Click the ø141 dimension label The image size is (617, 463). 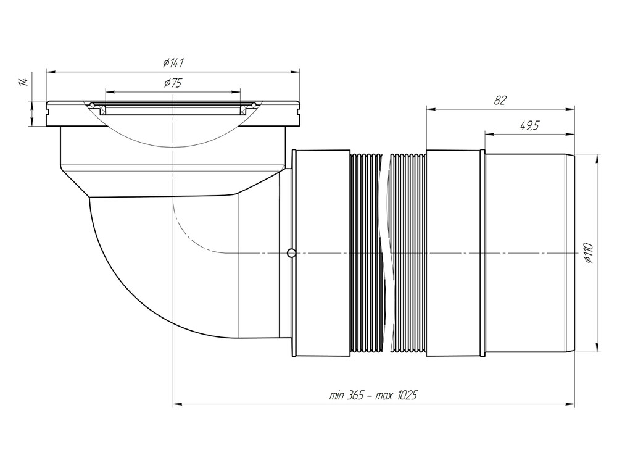point(173,62)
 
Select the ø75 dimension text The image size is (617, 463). point(173,83)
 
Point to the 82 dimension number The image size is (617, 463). point(500,101)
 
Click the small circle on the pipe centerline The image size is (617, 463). point(291,252)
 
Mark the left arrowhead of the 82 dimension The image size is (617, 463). point(430,110)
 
